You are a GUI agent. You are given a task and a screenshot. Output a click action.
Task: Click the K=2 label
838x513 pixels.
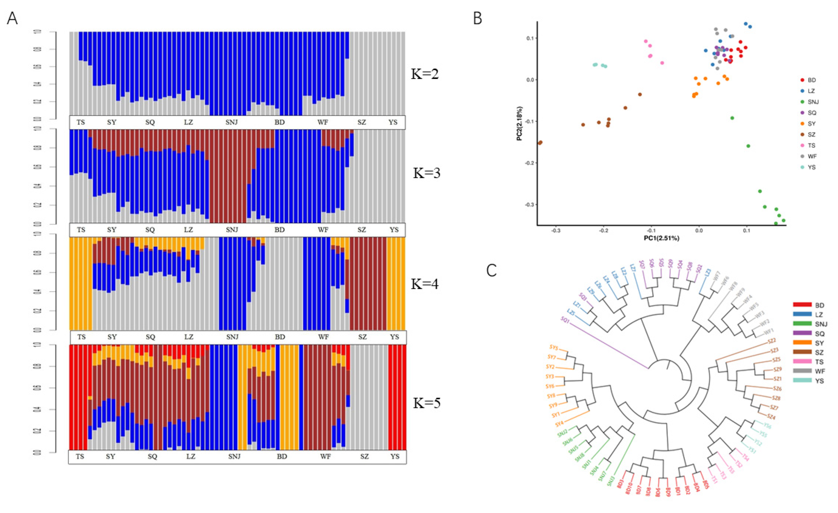click(x=425, y=74)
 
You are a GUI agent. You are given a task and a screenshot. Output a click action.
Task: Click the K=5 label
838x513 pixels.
click(x=427, y=403)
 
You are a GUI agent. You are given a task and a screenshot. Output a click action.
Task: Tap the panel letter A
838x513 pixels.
click(x=12, y=18)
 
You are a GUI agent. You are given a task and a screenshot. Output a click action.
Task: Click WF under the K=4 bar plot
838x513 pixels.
click(x=323, y=337)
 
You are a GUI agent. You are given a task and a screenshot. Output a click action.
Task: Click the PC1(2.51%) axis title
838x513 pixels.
click(x=661, y=238)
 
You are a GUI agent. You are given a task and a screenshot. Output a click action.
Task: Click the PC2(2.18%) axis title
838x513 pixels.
click(x=519, y=123)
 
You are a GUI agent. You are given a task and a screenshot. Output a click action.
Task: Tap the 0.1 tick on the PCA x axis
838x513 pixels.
click(x=746, y=231)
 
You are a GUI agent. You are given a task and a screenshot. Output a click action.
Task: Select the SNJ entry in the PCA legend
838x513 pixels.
click(x=813, y=102)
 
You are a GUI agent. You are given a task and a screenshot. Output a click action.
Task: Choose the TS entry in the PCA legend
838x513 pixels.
click(x=811, y=145)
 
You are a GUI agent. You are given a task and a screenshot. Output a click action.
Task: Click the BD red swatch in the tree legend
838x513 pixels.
click(x=802, y=305)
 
